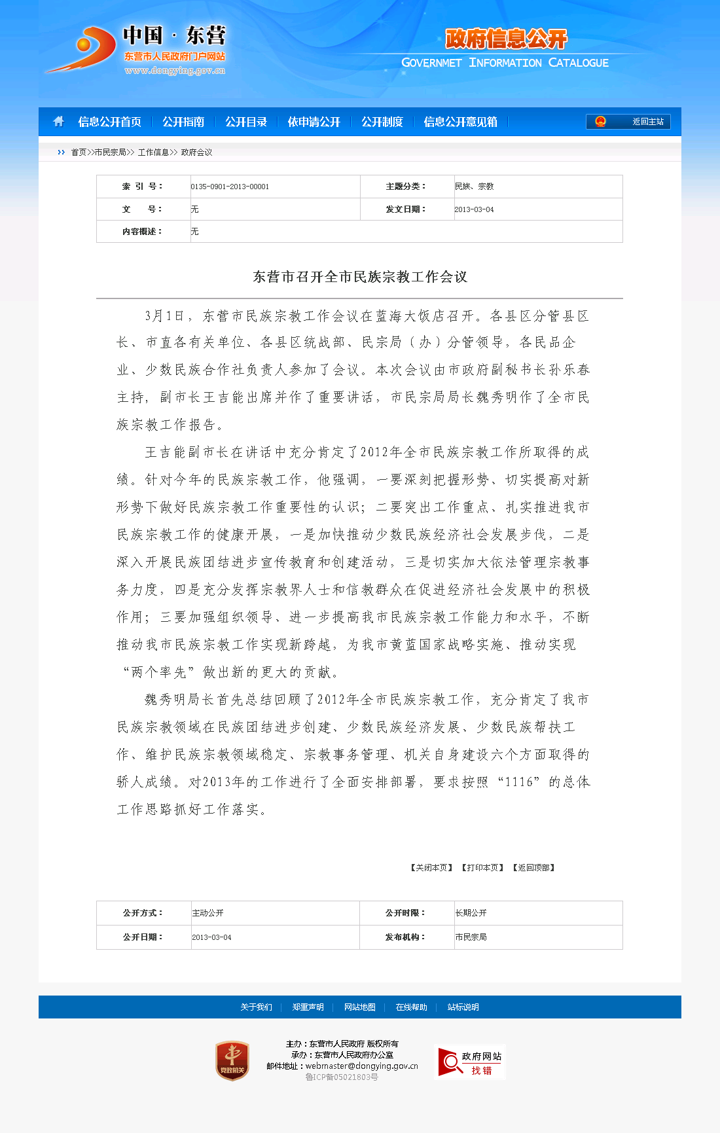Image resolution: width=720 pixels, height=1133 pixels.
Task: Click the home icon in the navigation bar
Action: click(59, 122)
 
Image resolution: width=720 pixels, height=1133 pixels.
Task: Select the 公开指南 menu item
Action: click(183, 122)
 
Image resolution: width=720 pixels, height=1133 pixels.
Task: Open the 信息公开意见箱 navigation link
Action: click(460, 122)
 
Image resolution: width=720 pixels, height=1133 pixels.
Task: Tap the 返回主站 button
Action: click(628, 122)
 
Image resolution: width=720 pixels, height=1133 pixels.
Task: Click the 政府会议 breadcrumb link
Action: click(196, 153)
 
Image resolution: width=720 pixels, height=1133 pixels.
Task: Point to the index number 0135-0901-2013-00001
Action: click(230, 187)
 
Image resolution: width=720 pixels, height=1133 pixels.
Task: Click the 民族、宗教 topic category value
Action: click(474, 187)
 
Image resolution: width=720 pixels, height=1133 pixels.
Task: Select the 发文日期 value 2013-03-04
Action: click(474, 209)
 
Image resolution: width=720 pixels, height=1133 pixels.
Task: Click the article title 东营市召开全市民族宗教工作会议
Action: click(360, 277)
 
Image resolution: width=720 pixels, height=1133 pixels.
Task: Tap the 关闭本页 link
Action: click(432, 868)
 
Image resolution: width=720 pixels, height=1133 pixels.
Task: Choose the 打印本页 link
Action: click(483, 868)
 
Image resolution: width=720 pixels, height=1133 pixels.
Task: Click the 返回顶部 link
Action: click(534, 868)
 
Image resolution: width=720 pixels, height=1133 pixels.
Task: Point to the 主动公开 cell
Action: click(208, 913)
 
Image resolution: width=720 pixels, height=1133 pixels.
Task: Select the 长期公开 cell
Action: click(471, 913)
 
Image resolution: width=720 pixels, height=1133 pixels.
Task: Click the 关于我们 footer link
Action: click(256, 1007)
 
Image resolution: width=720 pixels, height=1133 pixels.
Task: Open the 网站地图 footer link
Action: click(360, 1007)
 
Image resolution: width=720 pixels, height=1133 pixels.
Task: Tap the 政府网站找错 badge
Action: click(470, 1062)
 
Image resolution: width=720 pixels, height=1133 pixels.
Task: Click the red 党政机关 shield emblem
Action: click(232, 1060)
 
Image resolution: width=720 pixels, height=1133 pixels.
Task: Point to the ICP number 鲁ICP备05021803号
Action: click(342, 1077)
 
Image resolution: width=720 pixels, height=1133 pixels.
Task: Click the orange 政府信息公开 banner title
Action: click(506, 39)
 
